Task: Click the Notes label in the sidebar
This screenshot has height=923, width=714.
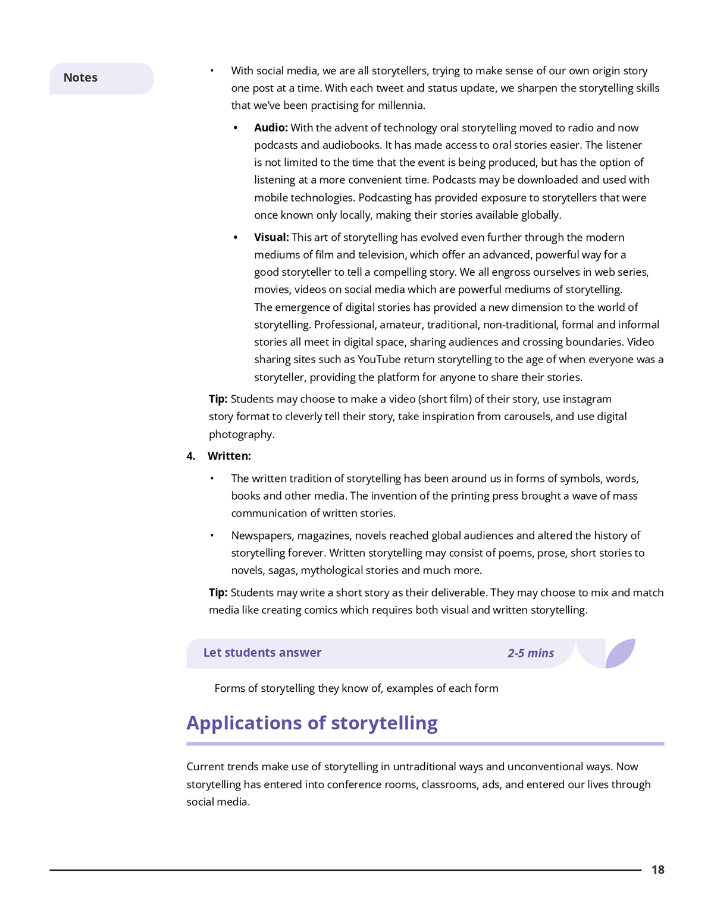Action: coord(80,78)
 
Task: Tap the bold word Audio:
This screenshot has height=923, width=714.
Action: coord(271,128)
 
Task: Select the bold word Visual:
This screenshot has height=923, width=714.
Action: coord(271,237)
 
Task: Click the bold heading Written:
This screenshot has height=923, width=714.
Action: coord(229,456)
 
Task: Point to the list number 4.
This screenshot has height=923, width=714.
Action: coord(190,456)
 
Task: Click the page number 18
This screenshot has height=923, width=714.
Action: coord(657,870)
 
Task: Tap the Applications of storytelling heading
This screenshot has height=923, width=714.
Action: coord(312,723)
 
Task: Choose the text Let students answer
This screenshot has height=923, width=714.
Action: coord(262,653)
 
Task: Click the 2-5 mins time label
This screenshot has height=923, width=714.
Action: coord(530,653)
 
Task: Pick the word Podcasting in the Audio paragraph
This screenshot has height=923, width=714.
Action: coord(385,197)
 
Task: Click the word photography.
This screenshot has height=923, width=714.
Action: coord(240,434)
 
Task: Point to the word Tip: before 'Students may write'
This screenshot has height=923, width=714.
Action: coord(218,593)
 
